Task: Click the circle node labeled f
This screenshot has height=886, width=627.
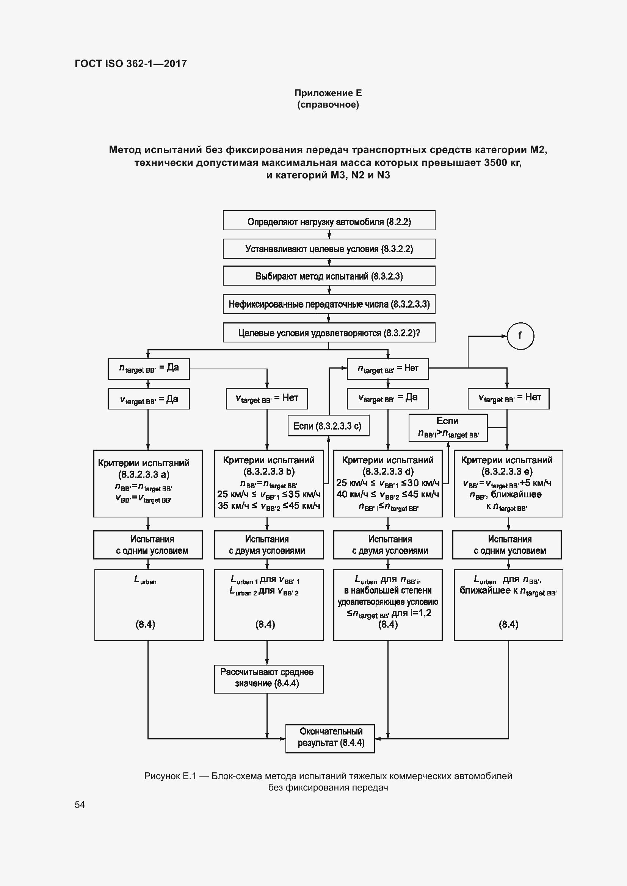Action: point(520,336)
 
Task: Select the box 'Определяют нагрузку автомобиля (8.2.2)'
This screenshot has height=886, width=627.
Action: point(329,221)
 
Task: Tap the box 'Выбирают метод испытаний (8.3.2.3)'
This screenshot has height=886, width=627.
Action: point(329,275)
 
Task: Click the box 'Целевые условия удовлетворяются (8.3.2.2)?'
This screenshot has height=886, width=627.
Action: point(329,333)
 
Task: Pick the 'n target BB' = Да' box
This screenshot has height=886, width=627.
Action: point(149,369)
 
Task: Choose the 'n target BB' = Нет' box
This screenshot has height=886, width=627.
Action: point(388,369)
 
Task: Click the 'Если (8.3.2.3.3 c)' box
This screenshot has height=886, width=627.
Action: point(328,426)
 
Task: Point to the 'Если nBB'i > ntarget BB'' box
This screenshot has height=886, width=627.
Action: point(448,428)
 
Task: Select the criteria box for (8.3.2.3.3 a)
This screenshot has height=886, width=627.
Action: point(148,483)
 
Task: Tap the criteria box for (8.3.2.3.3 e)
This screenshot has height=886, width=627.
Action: point(508,483)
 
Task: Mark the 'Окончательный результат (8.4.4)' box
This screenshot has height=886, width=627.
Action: point(330,738)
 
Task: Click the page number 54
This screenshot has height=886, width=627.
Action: point(80,805)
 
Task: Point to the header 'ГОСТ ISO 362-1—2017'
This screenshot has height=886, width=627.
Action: point(130,64)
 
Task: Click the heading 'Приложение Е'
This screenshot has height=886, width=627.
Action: point(328,93)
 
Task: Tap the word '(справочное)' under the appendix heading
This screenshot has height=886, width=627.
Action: point(328,105)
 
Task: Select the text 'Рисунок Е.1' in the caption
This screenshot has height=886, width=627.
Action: point(170,776)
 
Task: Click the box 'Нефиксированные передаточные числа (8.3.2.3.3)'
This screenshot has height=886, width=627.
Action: point(329,304)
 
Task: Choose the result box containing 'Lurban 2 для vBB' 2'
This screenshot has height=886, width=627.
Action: point(269,605)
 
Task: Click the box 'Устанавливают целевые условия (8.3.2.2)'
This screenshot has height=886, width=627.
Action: point(329,248)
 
